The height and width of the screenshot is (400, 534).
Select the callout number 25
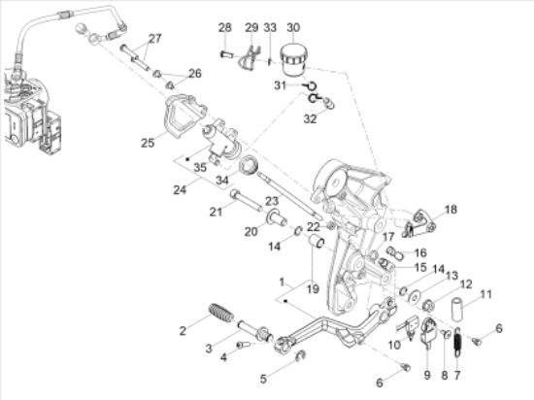pyautogui.click(x=147, y=143)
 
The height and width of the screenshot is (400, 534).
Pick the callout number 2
pyautogui.click(x=182, y=331)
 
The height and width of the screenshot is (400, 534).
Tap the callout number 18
pyautogui.click(x=450, y=210)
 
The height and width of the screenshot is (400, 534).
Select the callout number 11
pyautogui.click(x=486, y=293)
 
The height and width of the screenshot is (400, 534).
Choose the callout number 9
pyautogui.click(x=427, y=374)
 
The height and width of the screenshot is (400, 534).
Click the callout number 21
pyautogui.click(x=215, y=211)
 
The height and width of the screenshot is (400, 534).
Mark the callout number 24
pyautogui.click(x=179, y=190)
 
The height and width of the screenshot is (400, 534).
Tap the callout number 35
pyautogui.click(x=200, y=167)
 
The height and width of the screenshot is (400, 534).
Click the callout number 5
pyautogui.click(x=263, y=378)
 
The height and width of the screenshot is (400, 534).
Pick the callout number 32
pyautogui.click(x=310, y=119)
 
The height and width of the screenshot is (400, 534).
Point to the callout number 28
pyautogui.click(x=225, y=26)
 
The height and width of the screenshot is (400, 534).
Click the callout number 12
pyautogui.click(x=466, y=283)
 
